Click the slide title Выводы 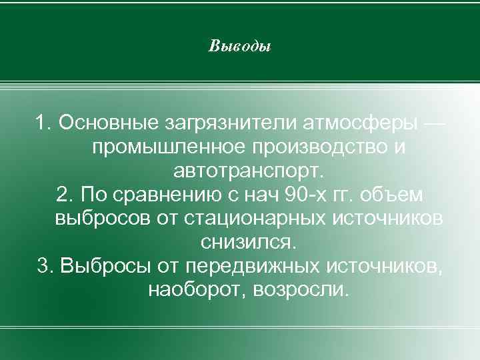coord(239,47)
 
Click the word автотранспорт coord(249,170)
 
